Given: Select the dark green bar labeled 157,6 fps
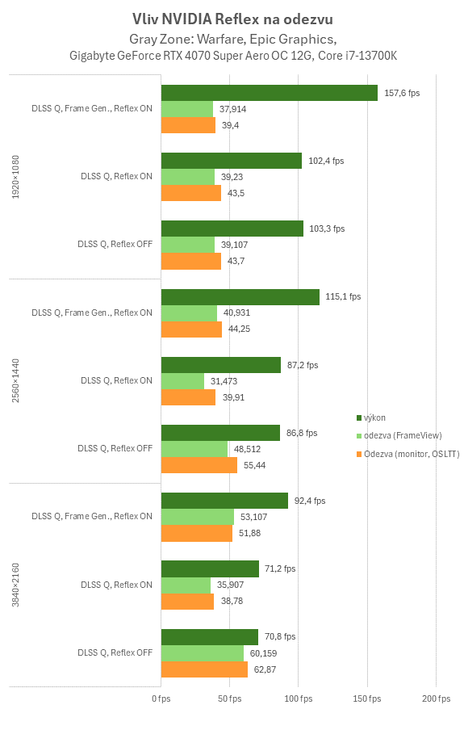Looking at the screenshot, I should coord(270,93).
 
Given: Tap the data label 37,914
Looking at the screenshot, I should coord(232,109).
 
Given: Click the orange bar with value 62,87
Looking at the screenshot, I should coord(204,669).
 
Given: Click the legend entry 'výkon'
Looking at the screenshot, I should coord(374,417).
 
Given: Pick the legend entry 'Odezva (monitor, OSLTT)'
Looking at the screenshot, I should coord(411,454).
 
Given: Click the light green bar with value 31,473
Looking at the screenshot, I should coord(183,380).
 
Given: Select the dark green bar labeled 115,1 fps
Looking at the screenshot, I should coord(240,297).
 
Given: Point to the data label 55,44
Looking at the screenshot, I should coord(255,466).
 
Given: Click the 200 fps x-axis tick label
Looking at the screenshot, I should coord(437,698).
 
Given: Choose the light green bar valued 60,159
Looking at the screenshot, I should coord(203,652).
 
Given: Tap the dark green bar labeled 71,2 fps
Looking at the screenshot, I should coord(211,568).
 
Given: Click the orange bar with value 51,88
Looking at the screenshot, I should coord(197,534).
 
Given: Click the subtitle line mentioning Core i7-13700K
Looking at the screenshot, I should coord(233,55).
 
